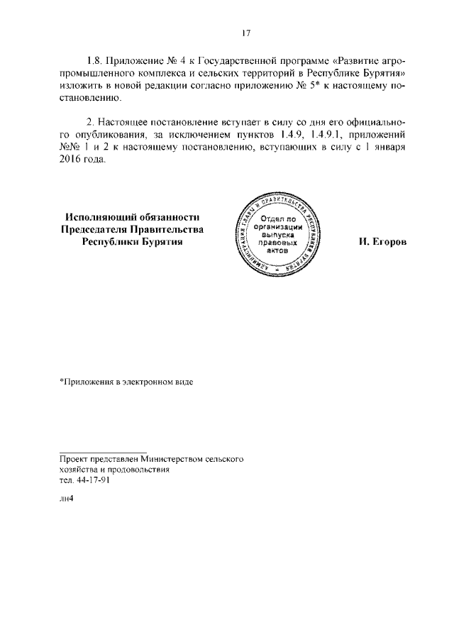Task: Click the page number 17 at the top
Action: pos(246,33)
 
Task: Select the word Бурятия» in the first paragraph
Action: pos(380,73)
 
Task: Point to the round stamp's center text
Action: pos(282,234)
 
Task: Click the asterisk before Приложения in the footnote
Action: pos(61,382)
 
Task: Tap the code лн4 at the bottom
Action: pos(67,497)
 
